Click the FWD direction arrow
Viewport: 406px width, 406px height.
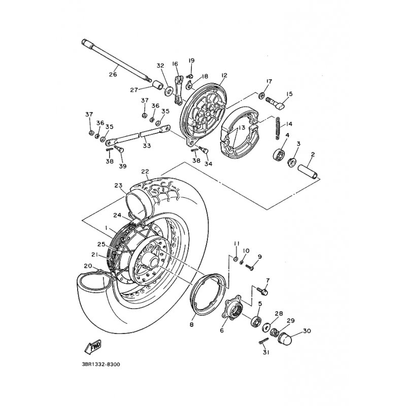coord(93,347)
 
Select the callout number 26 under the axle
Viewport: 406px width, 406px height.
coord(113,75)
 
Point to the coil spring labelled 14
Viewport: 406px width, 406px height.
coord(278,128)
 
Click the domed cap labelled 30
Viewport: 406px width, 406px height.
coord(285,338)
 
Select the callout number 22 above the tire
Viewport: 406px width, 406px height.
coord(145,172)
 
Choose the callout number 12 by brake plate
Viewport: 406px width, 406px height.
coord(224,75)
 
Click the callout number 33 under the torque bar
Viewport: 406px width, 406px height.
coord(147,146)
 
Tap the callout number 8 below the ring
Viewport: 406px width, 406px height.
coord(192,325)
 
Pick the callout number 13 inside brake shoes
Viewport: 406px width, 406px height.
coord(242,127)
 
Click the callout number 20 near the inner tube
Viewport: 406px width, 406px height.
coord(88,265)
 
